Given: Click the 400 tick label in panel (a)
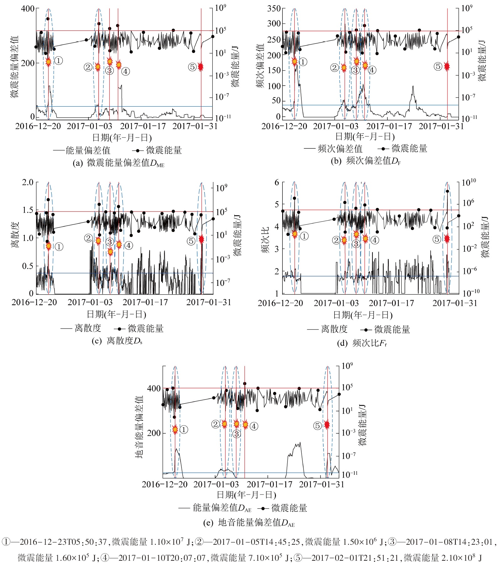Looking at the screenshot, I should coord(28,8).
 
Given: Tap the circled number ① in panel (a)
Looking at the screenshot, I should coord(59,61).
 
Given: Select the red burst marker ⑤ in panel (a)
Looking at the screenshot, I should coord(201,66).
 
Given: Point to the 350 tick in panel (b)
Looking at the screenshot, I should coord(274,8).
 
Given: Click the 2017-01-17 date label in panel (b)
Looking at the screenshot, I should coord(389,126).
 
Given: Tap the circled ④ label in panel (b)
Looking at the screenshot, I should coord(372,70).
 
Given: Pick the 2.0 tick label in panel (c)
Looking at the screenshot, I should coord(28,183).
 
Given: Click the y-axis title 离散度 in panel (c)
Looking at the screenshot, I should coord(16,235).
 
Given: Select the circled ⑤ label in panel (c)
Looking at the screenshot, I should coord(191,241).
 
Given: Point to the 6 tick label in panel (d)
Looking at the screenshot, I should coord(277,183).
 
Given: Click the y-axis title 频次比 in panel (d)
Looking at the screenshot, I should coord(265,240).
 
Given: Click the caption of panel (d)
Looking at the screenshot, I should coord(362,343).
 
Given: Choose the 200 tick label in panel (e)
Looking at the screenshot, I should coord(154,433).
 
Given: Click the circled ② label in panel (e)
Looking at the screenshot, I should coord(215,424).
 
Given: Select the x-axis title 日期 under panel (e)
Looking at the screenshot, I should coord(246,495).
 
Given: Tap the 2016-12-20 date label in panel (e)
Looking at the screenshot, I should coord(165,484).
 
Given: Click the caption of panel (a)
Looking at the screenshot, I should coord(118,163).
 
